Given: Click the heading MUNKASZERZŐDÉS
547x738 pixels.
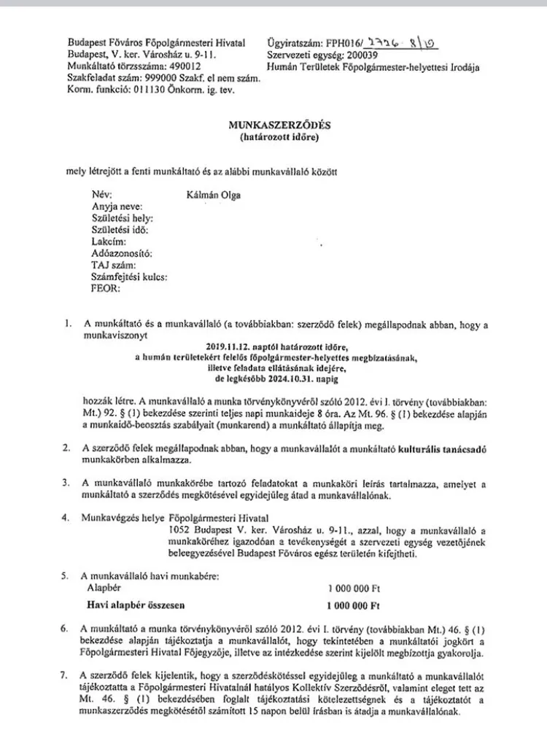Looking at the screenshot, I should tap(273, 125).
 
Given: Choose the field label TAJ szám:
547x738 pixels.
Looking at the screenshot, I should tap(109, 265).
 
